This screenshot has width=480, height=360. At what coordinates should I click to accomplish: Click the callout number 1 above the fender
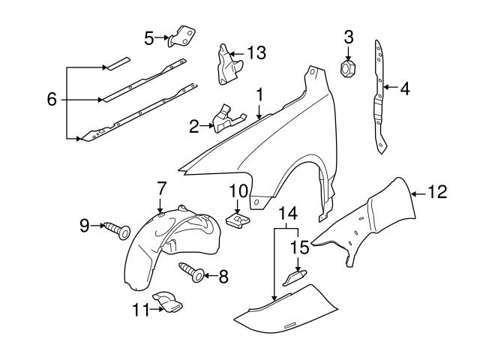(259, 95)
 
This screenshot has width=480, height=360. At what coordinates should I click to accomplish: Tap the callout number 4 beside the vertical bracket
(405, 88)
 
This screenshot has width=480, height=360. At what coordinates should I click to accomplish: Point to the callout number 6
(51, 100)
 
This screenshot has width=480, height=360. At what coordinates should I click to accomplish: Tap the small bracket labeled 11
(166, 303)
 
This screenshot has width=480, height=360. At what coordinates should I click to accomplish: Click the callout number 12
(439, 193)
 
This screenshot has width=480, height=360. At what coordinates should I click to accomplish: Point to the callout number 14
(287, 215)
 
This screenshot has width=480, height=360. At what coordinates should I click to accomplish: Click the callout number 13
(256, 52)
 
